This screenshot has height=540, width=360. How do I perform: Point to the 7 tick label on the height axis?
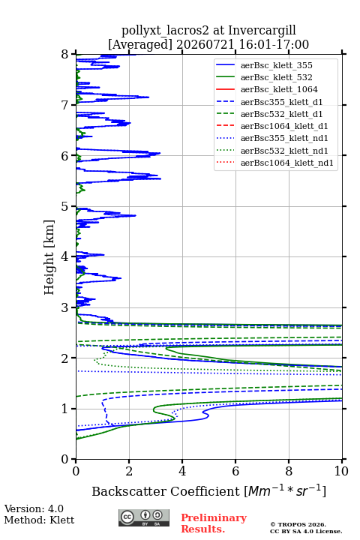64,105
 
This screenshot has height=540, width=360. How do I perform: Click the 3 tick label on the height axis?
64,307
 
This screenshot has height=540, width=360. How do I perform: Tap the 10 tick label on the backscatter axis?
341,471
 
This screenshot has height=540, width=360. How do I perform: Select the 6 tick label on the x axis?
235,471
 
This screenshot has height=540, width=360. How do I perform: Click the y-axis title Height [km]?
49,257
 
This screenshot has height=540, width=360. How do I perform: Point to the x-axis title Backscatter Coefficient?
166,491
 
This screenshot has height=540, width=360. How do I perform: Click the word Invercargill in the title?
262,30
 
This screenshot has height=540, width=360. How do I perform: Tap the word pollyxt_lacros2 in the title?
165,30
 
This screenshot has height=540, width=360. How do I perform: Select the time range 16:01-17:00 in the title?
274,44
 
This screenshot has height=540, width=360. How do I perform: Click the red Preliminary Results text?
214,523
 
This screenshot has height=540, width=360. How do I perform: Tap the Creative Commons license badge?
144,517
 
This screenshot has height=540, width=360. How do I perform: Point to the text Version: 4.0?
34,508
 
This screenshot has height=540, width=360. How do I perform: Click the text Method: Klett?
39,520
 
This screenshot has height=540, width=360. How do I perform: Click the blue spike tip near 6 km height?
160,153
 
